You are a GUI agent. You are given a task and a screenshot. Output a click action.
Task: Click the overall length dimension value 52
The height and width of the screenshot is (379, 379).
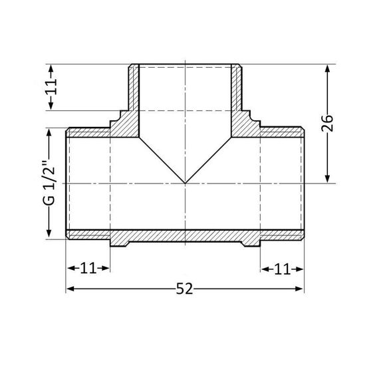[184, 289]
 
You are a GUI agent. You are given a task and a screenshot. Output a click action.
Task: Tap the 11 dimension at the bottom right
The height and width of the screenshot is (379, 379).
[281, 269]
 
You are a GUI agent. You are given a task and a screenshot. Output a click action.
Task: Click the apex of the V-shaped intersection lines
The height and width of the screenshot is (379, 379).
[184, 183]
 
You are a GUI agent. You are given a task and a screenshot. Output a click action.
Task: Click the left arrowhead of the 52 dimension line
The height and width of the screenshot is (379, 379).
[69, 289]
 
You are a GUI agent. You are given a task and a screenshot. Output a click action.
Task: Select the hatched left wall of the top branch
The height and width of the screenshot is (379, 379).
[134, 93]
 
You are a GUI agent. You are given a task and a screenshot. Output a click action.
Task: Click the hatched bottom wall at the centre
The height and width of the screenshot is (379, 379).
[184, 235]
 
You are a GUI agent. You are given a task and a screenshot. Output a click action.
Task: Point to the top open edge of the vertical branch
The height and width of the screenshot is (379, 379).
[184, 65]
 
